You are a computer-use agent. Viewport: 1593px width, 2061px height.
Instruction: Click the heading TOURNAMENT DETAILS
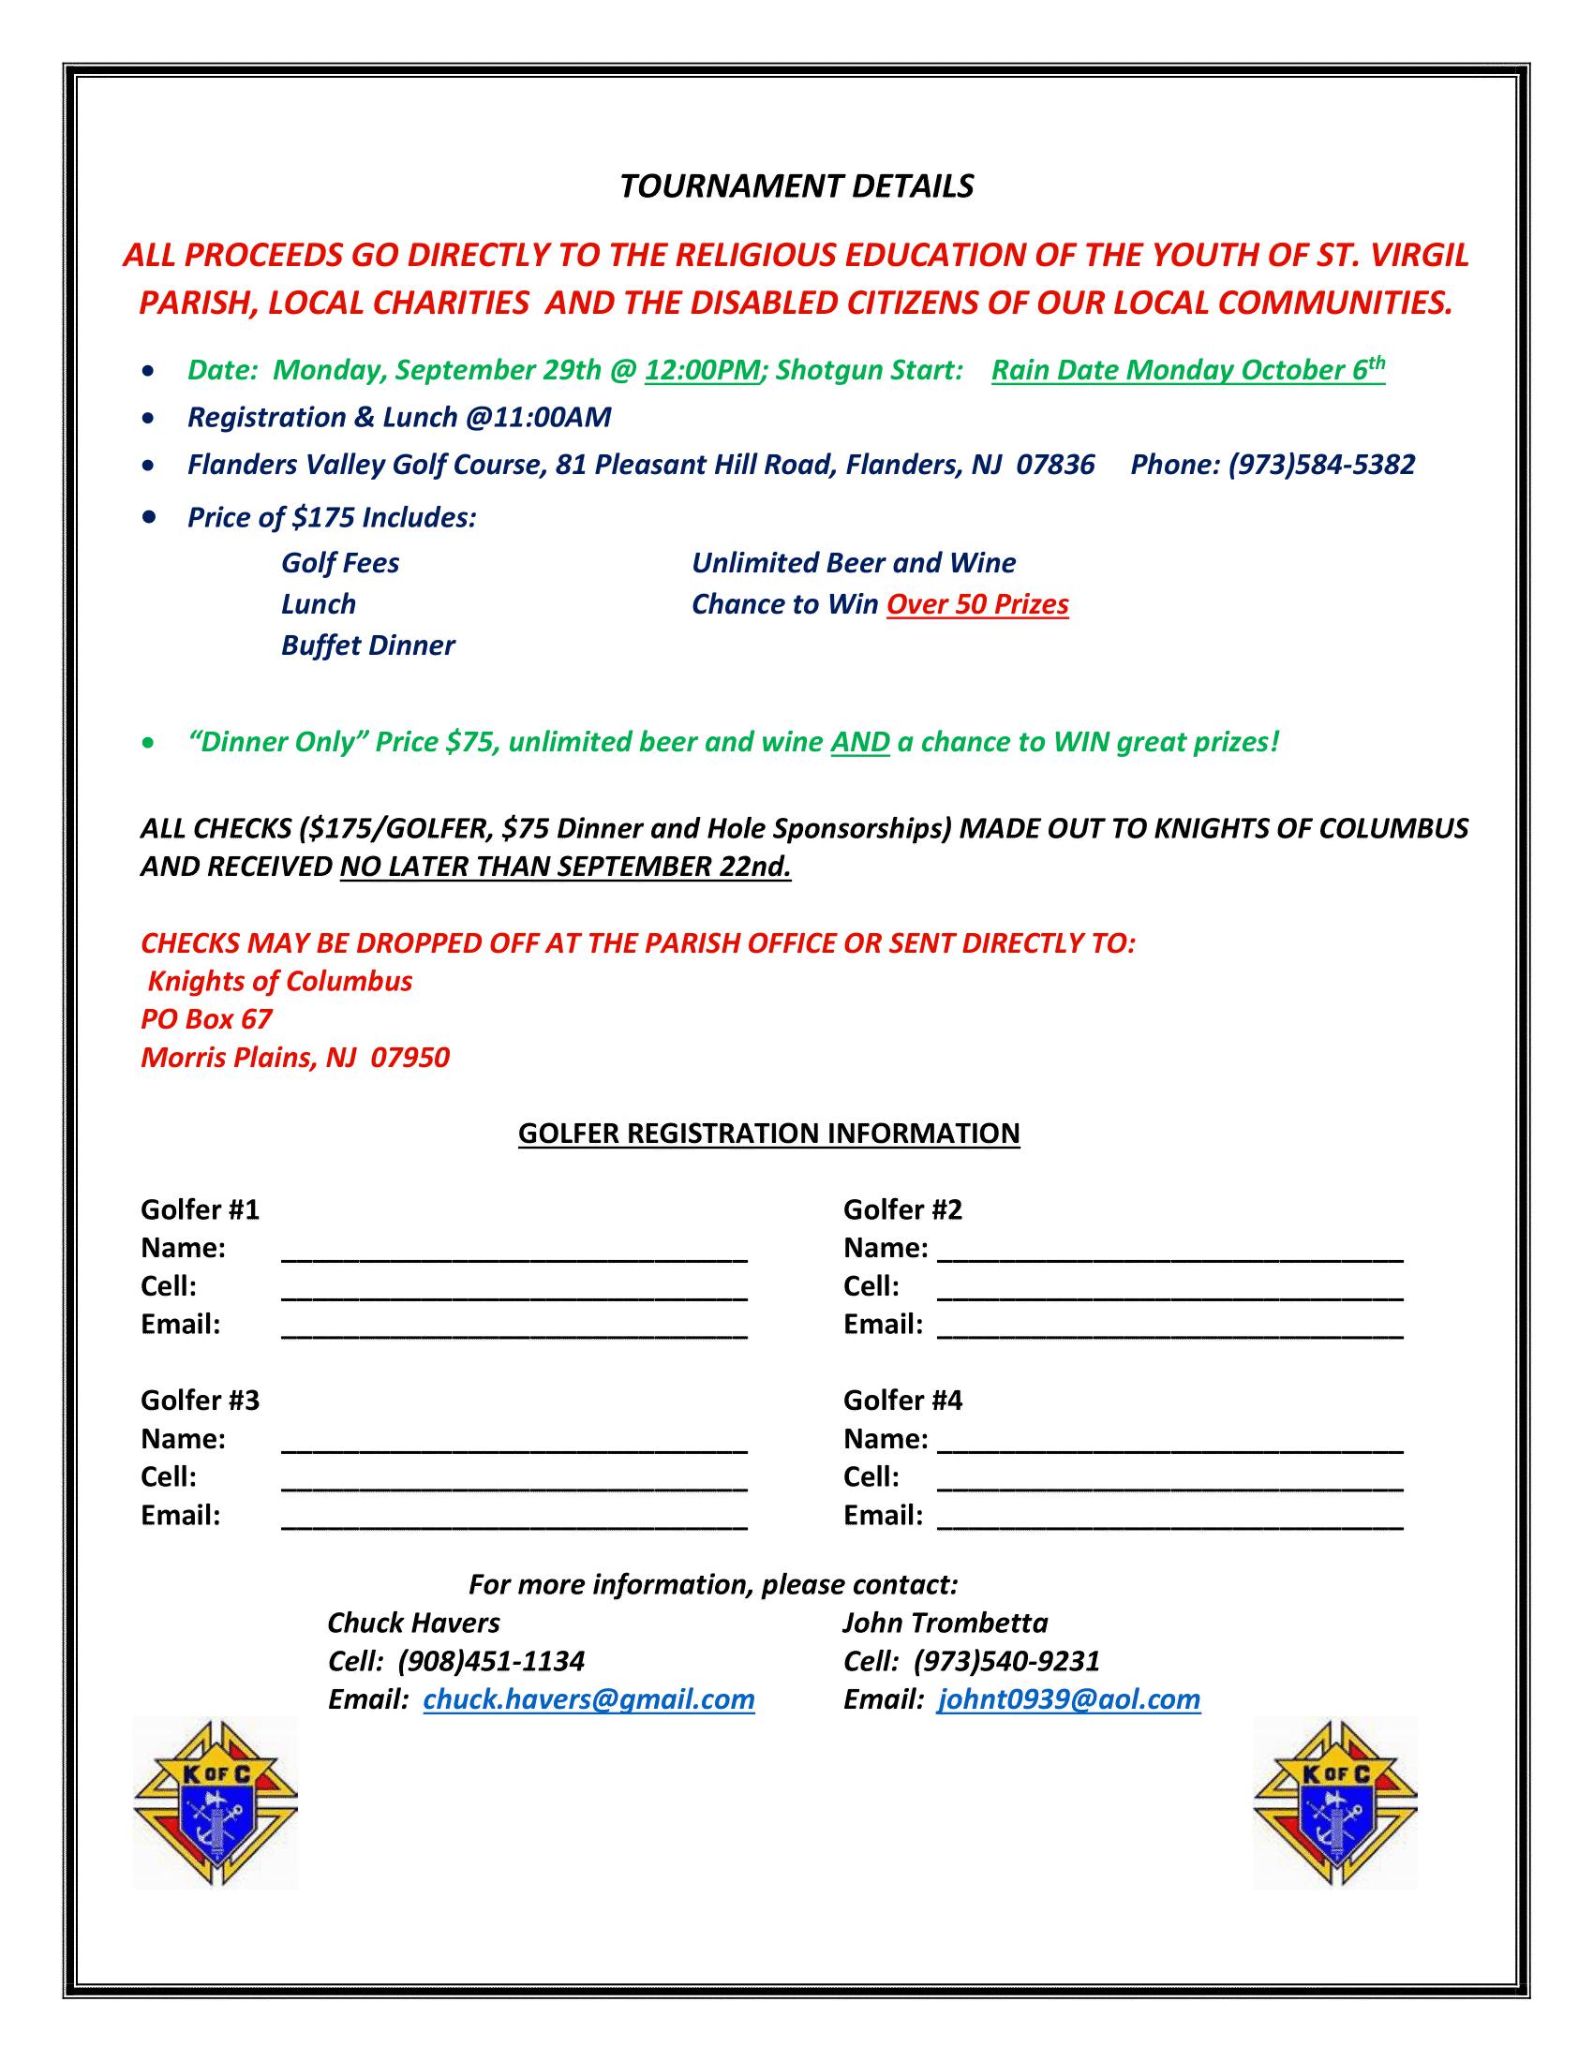pyautogui.click(x=796, y=186)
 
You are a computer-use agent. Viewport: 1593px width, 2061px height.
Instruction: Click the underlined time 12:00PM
pyautogui.click(x=702, y=370)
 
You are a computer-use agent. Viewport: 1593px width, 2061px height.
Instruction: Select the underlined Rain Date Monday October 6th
pyautogui.click(x=1187, y=370)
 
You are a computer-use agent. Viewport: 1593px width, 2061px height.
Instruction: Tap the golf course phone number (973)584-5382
pyautogui.click(x=1321, y=465)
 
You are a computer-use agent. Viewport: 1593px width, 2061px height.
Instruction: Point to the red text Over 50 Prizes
pyautogui.click(x=976, y=604)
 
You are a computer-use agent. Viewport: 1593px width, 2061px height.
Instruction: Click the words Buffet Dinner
pyautogui.click(x=368, y=645)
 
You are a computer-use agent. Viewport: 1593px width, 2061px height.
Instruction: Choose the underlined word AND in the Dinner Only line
pyautogui.click(x=859, y=742)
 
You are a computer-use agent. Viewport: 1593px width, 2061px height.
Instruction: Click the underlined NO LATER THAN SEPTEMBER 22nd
pyautogui.click(x=565, y=867)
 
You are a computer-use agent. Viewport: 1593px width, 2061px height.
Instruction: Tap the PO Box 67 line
pyautogui.click(x=207, y=1019)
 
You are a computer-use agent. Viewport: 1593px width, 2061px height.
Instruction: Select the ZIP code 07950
pyautogui.click(x=409, y=1057)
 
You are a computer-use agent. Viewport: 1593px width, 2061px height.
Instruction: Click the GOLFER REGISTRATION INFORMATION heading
pyautogui.click(x=769, y=1133)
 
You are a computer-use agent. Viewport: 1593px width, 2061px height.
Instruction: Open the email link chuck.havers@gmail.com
pyautogui.click(x=588, y=1699)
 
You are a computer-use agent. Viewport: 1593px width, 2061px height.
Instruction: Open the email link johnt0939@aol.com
pyautogui.click(x=1068, y=1699)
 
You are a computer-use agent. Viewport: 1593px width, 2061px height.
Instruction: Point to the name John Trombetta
pyautogui.click(x=945, y=1623)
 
